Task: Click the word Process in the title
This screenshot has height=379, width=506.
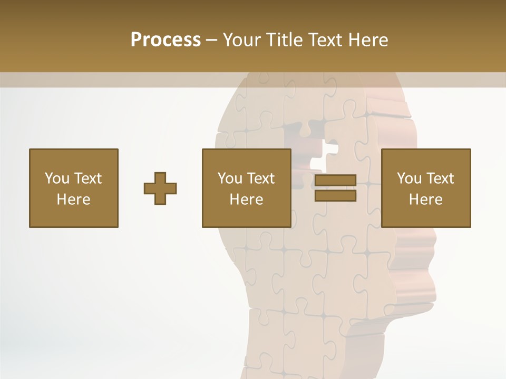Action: (x=166, y=40)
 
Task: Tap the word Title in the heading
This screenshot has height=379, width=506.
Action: (x=286, y=40)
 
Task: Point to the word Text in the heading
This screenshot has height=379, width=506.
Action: (x=325, y=40)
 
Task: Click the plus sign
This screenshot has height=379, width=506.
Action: (x=160, y=188)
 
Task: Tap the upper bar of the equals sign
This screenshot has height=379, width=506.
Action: (x=335, y=181)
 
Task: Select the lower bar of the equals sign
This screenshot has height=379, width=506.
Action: (x=335, y=196)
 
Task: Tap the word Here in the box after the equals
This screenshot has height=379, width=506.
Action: (x=426, y=200)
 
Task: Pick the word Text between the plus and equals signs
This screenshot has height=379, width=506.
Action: (x=261, y=178)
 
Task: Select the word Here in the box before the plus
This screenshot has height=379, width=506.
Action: (x=73, y=200)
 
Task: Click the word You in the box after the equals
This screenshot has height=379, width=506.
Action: (x=410, y=178)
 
